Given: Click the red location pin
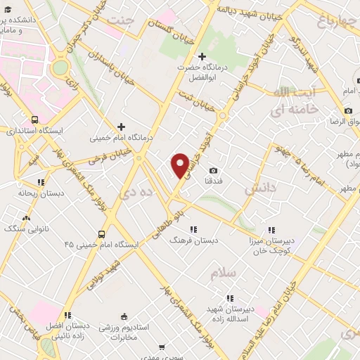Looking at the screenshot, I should tap(180, 165).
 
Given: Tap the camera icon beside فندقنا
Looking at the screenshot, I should tap(214, 170).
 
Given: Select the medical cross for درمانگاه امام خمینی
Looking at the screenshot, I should tap(121, 127).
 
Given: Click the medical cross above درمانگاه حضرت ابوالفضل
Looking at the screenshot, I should tap(202, 56).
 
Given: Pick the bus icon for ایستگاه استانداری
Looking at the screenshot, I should tap(35, 120).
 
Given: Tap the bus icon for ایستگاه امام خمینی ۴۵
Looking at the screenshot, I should tap(102, 234).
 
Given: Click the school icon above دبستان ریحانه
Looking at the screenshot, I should tap(41, 182).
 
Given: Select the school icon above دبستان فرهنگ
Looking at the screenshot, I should tap(193, 229).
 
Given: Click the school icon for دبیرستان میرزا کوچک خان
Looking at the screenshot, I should tap(272, 230).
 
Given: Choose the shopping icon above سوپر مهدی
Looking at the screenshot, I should tap(162, 347).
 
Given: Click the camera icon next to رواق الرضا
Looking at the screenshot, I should tap(348, 111).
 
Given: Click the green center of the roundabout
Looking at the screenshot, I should tap(60, 67).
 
